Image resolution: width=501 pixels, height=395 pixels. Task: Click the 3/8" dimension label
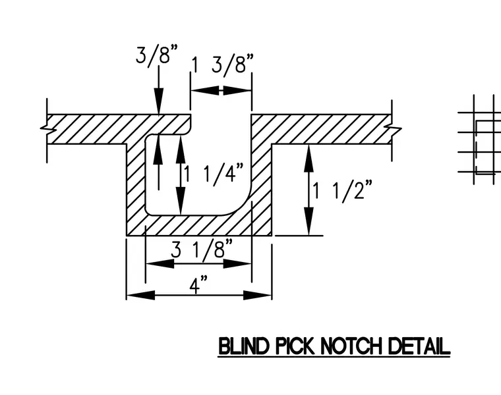[157, 55]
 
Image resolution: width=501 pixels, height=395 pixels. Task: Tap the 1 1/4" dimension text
[214, 174]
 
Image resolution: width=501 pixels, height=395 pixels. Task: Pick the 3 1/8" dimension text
[202, 249]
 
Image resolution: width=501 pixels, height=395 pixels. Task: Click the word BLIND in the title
[243, 346]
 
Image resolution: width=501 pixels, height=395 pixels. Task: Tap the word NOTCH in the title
[351, 346]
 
